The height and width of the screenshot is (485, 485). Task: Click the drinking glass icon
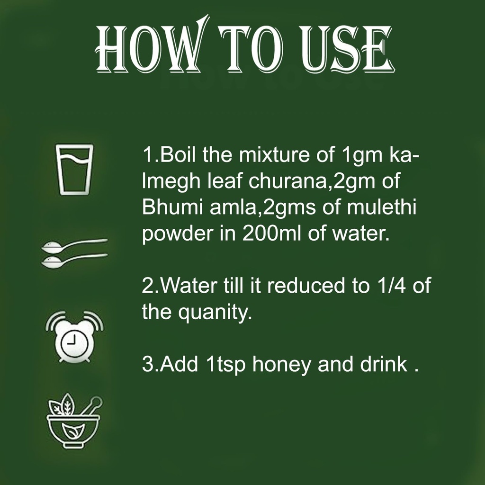click(x=74, y=170)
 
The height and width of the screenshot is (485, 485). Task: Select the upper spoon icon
click(x=74, y=245)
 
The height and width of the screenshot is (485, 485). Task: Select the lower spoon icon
click(x=74, y=260)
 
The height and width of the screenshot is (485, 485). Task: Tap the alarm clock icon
click(x=74, y=337)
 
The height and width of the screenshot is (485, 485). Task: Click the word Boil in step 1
click(x=178, y=154)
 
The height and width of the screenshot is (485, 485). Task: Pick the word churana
click(x=287, y=181)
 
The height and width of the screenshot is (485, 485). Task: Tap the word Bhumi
click(x=172, y=207)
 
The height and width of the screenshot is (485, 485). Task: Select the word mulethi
click(x=381, y=207)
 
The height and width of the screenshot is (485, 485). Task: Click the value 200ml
click(x=271, y=233)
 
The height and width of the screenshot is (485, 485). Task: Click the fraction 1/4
click(x=391, y=285)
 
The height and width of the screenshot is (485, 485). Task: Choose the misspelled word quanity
click(x=215, y=313)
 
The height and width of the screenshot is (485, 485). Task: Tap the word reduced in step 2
click(x=306, y=285)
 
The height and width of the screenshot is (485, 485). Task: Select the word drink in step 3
click(x=384, y=364)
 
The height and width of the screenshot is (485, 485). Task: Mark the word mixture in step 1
click(x=274, y=154)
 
